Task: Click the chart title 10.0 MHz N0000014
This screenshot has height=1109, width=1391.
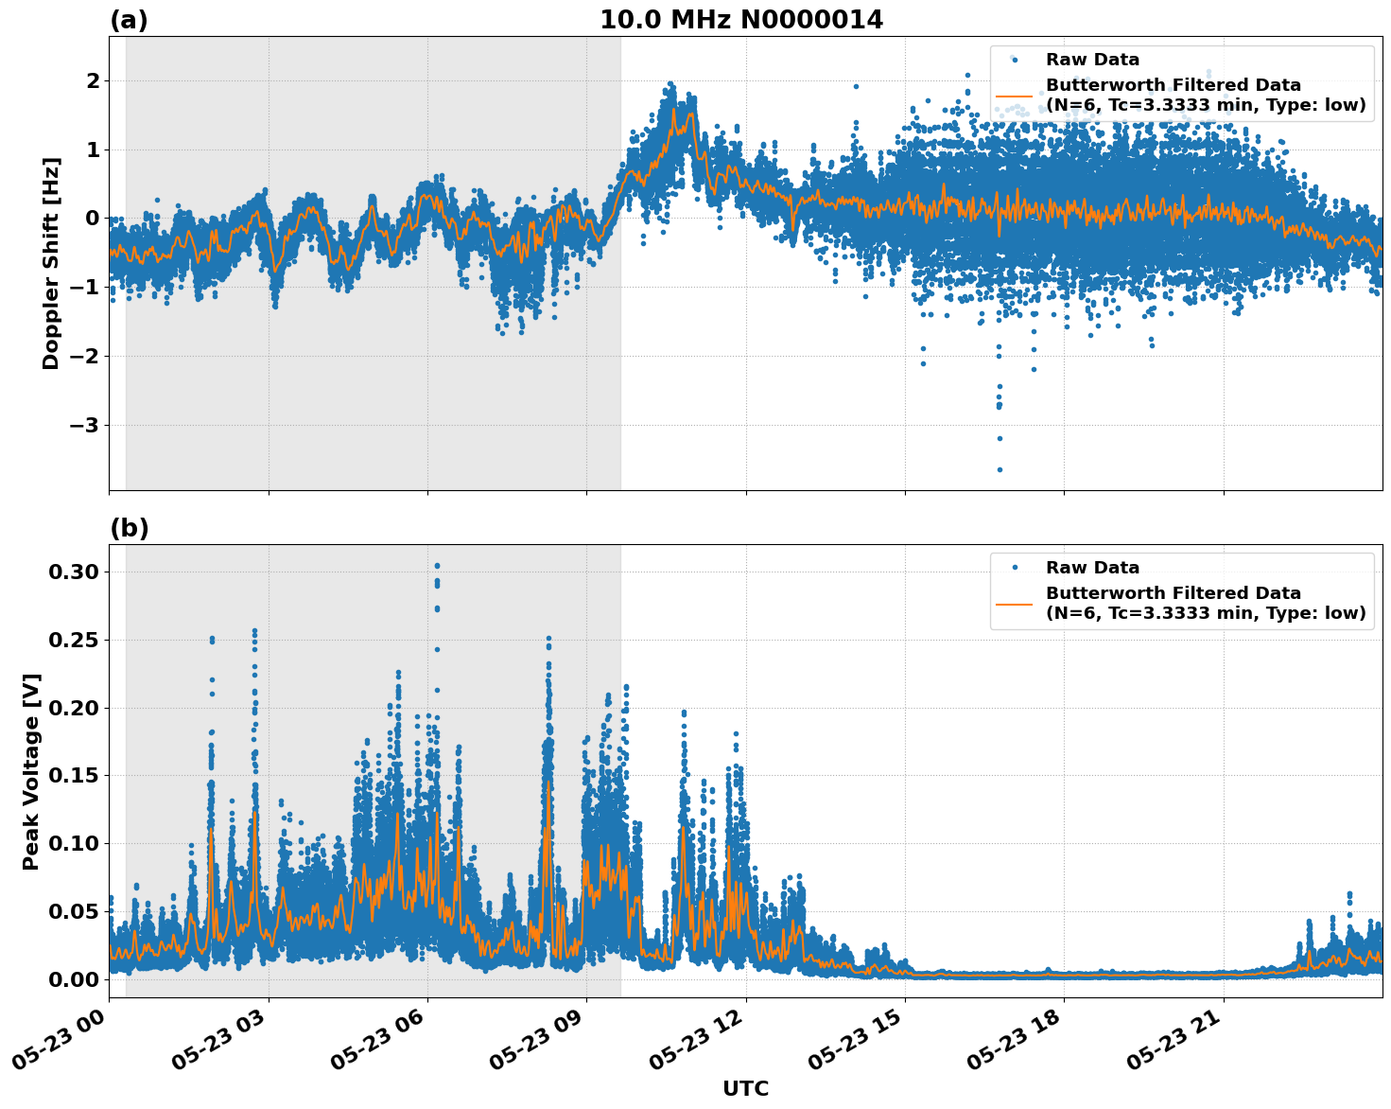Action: pyautogui.click(x=740, y=20)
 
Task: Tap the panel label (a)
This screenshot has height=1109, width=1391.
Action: pyautogui.click(x=129, y=20)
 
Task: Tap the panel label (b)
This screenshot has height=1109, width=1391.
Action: pyautogui.click(x=129, y=528)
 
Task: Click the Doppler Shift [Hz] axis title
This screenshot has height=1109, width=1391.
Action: pyautogui.click(x=51, y=263)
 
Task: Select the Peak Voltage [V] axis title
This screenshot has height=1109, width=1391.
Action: pyautogui.click(x=31, y=771)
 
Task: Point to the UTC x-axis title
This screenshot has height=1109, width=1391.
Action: pyautogui.click(x=745, y=1088)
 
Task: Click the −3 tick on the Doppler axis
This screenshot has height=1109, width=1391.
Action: pyautogui.click(x=84, y=425)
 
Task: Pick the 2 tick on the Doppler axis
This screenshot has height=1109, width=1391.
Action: pyautogui.click(x=93, y=81)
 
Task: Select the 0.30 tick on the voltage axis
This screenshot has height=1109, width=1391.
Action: pyautogui.click(x=72, y=572)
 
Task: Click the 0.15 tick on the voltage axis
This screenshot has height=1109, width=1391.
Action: pyautogui.click(x=72, y=776)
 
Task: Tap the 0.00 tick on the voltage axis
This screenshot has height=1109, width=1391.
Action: pyautogui.click(x=72, y=979)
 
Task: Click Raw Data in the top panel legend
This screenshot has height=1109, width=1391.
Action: pyautogui.click(x=1092, y=61)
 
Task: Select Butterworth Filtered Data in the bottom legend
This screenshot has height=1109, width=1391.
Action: pyautogui.click(x=1173, y=593)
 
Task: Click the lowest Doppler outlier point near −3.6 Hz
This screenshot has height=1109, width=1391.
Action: pyautogui.click(x=1000, y=469)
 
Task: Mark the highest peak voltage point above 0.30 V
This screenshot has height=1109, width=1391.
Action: pyautogui.click(x=437, y=566)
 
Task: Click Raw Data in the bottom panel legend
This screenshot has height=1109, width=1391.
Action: pyautogui.click(x=1092, y=569)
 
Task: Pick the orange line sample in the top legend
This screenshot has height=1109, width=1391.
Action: pyautogui.click(x=1015, y=96)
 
